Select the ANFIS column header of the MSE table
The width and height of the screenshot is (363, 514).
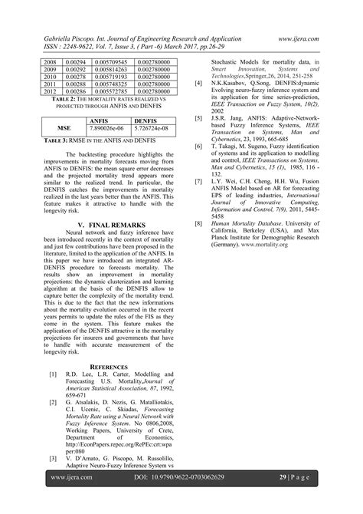pos(99,121)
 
